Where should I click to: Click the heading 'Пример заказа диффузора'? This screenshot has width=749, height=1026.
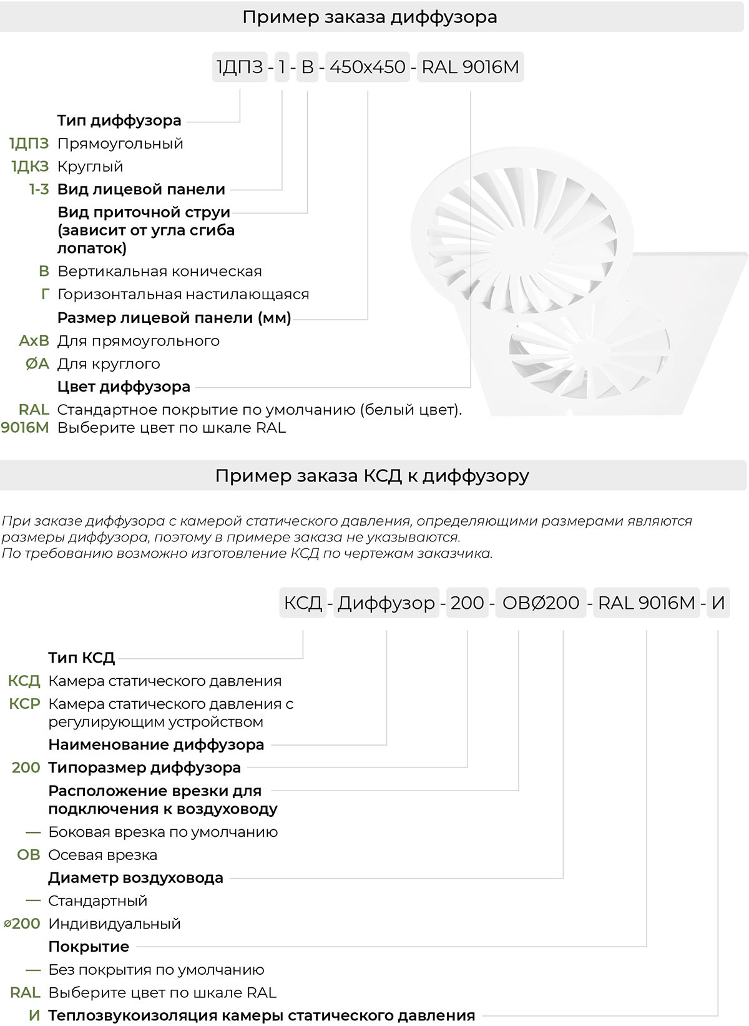click(370, 17)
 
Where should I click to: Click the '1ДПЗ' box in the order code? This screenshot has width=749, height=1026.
click(240, 67)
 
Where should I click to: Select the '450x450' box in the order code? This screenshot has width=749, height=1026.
click(367, 67)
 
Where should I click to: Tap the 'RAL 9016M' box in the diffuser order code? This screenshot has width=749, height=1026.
click(470, 67)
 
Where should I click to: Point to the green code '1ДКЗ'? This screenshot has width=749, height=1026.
click(30, 167)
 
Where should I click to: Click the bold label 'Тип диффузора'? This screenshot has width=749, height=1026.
click(119, 121)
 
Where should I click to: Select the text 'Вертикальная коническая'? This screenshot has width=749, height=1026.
click(160, 272)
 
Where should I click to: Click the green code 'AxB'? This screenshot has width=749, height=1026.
click(34, 341)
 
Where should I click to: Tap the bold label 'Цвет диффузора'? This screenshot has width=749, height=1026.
click(124, 387)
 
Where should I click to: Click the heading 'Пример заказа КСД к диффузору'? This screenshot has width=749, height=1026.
click(372, 476)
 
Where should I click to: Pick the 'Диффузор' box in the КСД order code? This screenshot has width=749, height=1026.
click(386, 603)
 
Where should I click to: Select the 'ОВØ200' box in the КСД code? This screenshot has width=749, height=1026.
click(541, 603)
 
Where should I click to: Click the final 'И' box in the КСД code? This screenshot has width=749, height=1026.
click(718, 603)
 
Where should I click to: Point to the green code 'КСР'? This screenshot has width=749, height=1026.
click(24, 704)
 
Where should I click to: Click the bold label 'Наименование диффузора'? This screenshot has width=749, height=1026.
click(156, 744)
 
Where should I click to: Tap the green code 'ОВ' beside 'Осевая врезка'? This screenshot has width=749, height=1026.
click(29, 855)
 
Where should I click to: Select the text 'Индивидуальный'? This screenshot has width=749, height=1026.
click(114, 924)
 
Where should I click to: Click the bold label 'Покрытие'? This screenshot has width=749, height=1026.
click(89, 947)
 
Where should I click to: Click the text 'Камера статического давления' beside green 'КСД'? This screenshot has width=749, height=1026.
click(165, 681)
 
